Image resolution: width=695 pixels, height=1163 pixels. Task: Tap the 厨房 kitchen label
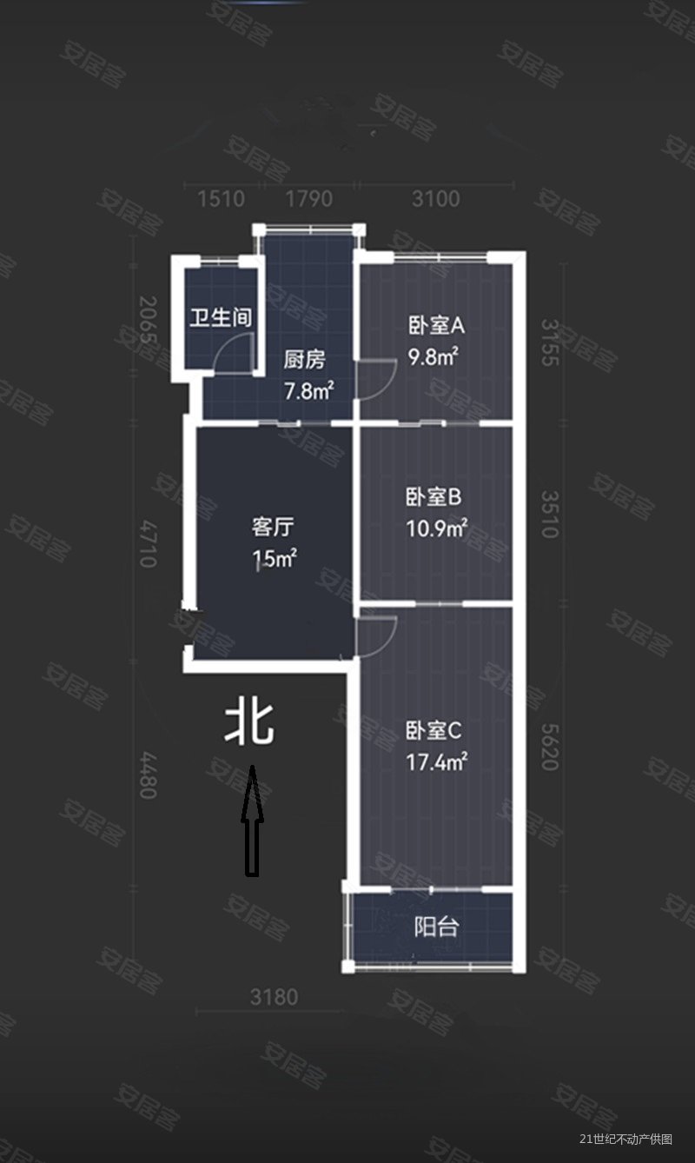click(x=304, y=360)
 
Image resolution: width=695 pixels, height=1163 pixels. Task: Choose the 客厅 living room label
click(x=272, y=527)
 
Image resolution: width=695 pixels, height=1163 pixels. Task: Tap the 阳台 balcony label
click(x=436, y=927)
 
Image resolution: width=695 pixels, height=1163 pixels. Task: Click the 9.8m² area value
click(x=434, y=356)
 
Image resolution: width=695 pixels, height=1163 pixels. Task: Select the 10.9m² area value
click(x=437, y=528)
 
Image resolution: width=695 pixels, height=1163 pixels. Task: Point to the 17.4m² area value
click(x=437, y=761)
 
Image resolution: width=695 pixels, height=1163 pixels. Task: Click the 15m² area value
click(x=274, y=558)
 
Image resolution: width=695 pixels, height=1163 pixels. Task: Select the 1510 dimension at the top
click(x=221, y=199)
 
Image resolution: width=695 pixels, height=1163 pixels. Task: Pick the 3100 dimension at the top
click(x=435, y=199)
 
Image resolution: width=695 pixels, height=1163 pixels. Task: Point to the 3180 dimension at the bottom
click(x=275, y=997)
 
